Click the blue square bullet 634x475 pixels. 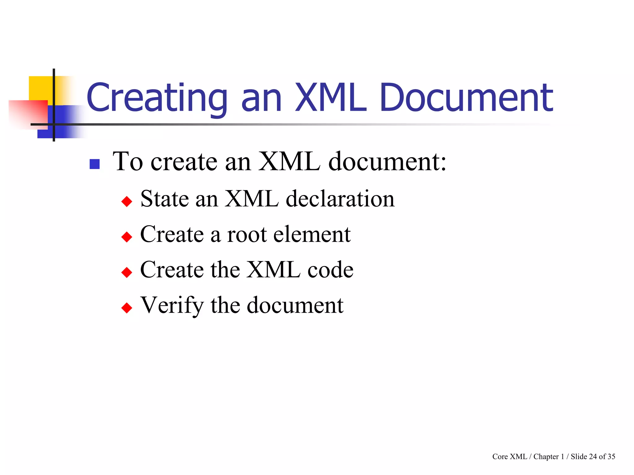click(x=94, y=164)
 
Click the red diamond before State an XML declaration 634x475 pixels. click(x=127, y=202)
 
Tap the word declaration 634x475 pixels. click(x=340, y=199)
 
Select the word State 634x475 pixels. click(x=164, y=199)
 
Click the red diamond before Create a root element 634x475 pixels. click(x=127, y=237)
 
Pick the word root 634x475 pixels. click(x=247, y=234)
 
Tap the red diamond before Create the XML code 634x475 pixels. click(x=127, y=272)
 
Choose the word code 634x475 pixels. click(x=330, y=270)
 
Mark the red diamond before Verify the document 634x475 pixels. click(x=127, y=308)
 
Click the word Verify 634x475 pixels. click(x=172, y=306)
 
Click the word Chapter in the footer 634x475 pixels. click(x=546, y=456)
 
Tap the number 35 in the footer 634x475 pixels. click(x=611, y=456)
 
